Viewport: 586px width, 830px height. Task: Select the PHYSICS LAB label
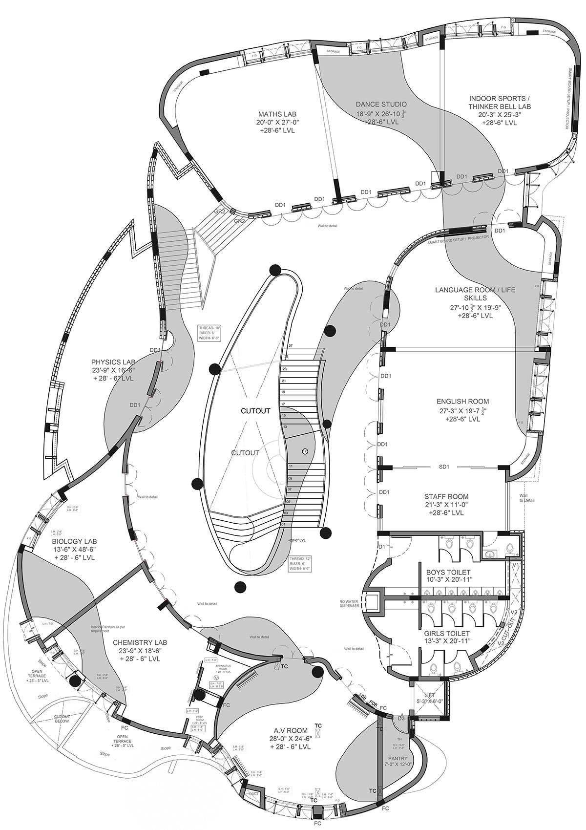113,362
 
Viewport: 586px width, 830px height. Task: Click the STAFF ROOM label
444,497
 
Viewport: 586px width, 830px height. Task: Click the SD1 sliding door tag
444,467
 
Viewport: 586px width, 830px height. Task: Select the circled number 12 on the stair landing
305,450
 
